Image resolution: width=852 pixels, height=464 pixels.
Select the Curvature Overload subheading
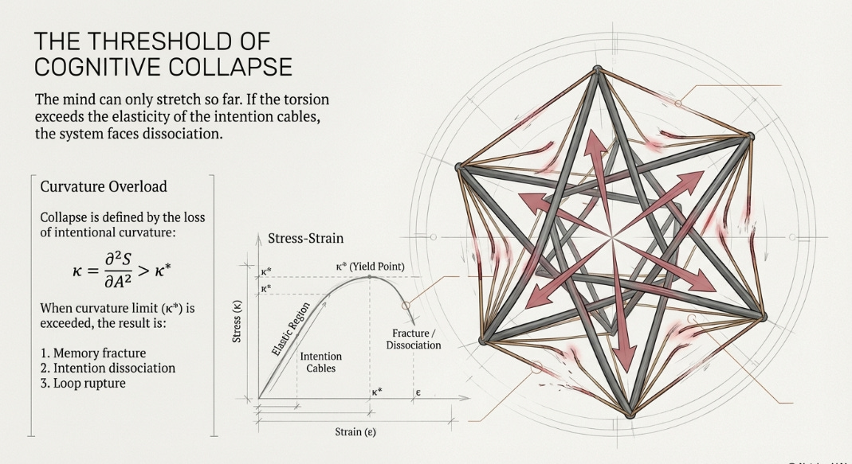104,186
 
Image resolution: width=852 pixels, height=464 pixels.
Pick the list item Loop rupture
82,383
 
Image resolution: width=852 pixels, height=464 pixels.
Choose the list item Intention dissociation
108,368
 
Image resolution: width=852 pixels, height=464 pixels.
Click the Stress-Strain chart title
306,237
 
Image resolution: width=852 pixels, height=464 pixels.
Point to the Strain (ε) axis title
355,432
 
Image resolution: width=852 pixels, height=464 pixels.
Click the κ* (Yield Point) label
370,265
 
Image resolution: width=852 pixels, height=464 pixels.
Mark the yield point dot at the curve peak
369,277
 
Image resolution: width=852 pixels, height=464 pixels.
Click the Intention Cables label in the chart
320,363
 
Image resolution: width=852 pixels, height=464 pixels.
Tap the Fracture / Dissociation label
414,338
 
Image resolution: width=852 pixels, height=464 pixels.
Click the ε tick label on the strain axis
417,392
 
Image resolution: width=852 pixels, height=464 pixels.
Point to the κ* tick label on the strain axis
376,392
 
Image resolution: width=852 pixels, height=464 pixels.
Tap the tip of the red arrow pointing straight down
626,370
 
